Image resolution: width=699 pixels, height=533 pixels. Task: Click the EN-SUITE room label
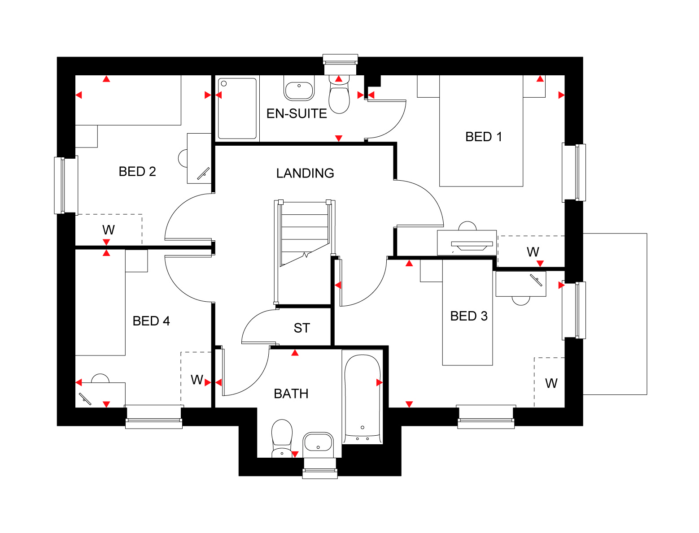pos(296,113)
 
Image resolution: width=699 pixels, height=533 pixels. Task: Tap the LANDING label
pos(305,173)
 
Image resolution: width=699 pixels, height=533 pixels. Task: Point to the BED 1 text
pos(483,137)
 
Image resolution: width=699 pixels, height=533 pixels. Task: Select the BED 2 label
pos(137,172)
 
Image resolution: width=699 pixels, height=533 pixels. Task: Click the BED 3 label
pos(469,316)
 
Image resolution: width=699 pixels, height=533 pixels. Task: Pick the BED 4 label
pos(151,321)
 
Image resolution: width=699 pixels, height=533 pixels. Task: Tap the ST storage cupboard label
pos(301,328)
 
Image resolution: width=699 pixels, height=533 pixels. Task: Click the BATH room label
pos(291,394)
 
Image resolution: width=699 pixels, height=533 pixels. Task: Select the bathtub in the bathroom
pos(363,397)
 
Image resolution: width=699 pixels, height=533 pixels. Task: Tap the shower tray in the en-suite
pos(237,108)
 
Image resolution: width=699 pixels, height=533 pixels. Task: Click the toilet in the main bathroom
pos(282,438)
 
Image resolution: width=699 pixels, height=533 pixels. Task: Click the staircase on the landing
pos(305,252)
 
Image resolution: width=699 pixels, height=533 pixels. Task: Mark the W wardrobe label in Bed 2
pos(108,230)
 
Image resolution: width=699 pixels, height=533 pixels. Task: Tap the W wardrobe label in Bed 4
pos(197,380)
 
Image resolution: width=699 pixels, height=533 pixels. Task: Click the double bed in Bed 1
pos(481,131)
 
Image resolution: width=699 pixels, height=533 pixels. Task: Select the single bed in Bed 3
pos(467,312)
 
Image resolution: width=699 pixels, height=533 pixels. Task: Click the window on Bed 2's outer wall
pos(66,185)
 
